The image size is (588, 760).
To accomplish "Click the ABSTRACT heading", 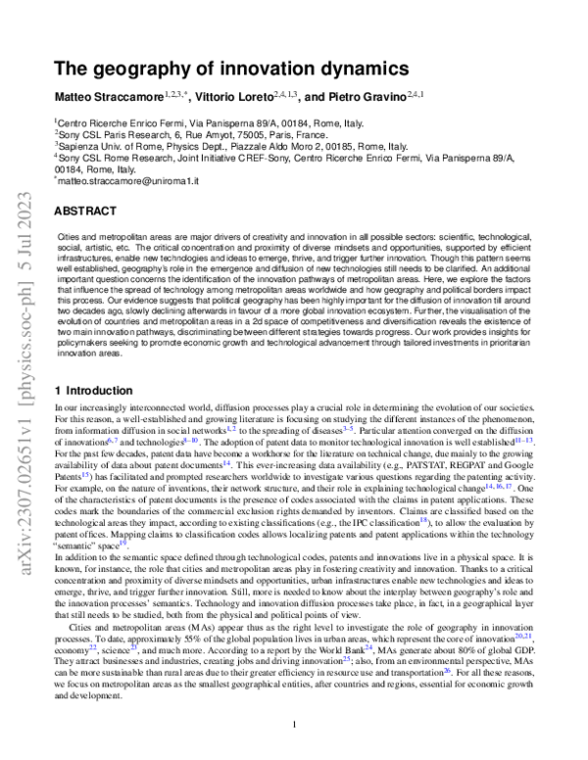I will pos(85,211).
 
